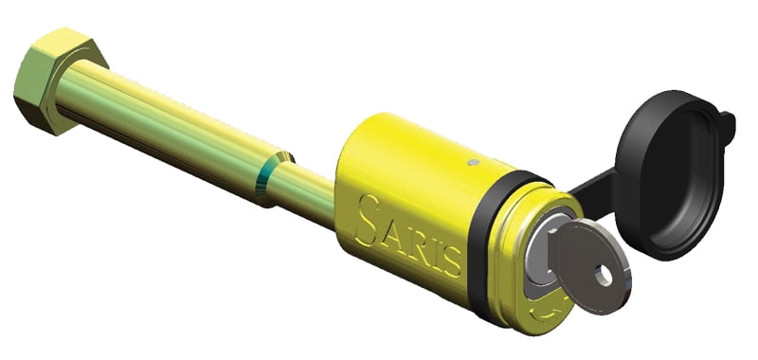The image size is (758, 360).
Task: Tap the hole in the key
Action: pos(604,276)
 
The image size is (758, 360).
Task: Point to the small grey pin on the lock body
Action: pos(475,162)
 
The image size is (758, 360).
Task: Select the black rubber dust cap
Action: pos(671,174)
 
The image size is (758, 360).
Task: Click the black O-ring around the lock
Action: pos(488,242)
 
